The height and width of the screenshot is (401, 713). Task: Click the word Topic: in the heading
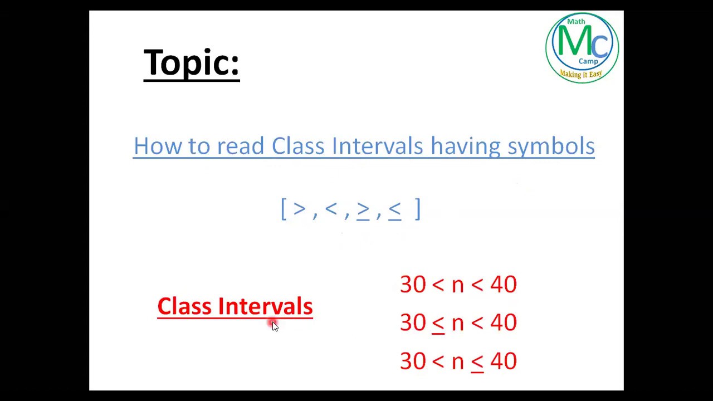191,62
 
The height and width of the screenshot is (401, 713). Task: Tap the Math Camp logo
582,47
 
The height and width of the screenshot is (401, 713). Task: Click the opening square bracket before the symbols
284,209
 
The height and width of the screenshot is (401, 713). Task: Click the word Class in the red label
184,306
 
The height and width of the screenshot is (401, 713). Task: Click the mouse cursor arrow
275,326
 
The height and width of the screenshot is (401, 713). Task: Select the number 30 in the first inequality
413,285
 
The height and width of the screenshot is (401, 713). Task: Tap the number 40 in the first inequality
504,285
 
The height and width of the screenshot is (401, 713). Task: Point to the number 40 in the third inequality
504,361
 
